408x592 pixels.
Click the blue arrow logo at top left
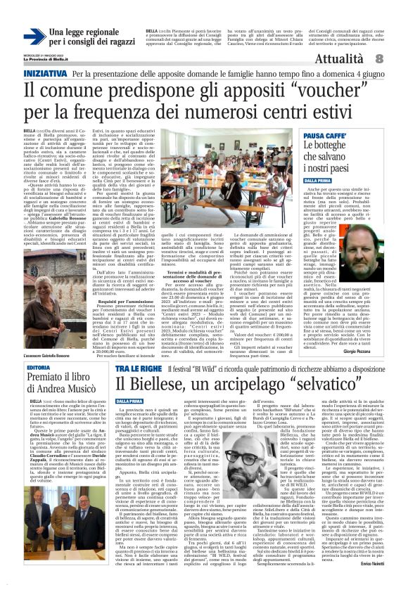[34, 35]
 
